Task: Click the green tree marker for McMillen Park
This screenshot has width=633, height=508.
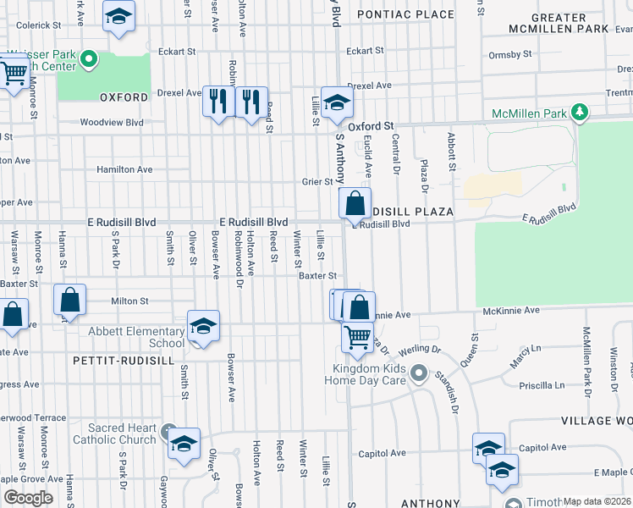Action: click(x=580, y=112)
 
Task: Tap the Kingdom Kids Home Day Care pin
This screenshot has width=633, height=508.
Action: click(x=417, y=373)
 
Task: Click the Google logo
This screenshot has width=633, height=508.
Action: click(x=28, y=497)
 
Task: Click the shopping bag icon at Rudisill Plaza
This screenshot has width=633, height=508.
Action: click(x=355, y=204)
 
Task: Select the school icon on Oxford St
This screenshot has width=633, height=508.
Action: click(x=337, y=103)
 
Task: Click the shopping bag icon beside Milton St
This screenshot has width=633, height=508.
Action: click(x=69, y=300)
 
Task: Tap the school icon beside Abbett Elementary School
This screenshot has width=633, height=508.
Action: click(x=203, y=326)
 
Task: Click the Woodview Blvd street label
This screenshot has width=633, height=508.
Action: click(x=112, y=122)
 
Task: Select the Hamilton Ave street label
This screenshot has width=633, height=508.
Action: click(x=124, y=169)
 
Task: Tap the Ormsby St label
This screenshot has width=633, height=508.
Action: click(x=509, y=55)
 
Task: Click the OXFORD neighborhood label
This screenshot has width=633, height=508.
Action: click(x=124, y=97)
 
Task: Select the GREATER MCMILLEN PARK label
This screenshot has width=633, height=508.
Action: click(x=559, y=23)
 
